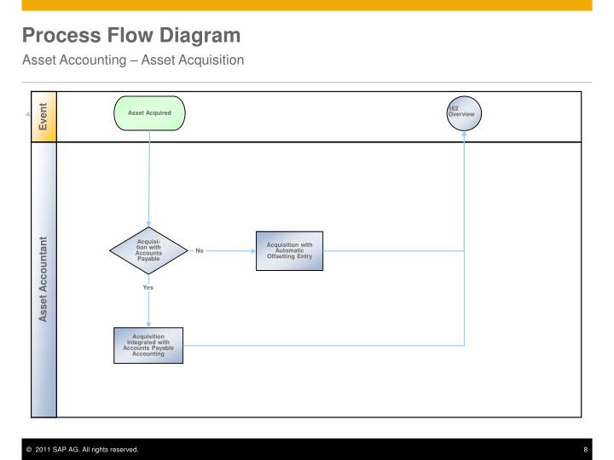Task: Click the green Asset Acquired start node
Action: pos(149,113)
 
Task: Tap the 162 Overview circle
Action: pos(464,113)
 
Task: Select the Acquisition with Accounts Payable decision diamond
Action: pos(148,250)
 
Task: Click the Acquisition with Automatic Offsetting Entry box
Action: pos(289,250)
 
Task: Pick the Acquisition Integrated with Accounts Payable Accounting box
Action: pos(148,345)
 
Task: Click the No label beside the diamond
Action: pos(200,250)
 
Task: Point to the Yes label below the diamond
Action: pos(148,288)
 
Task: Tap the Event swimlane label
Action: pos(43,117)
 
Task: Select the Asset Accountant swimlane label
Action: pos(43,279)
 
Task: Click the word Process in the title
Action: pos(61,35)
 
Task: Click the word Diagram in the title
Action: pos(200,36)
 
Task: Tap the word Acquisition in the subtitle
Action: pos(192,60)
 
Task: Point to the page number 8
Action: pos(585,450)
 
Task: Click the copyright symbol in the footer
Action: pos(29,450)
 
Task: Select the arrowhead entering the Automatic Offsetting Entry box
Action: pos(253,250)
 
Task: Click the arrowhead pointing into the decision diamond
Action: pos(148,223)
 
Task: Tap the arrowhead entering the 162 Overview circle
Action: pos(464,134)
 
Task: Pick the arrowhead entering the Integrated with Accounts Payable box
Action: pos(148,325)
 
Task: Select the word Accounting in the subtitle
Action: pos(74,60)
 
